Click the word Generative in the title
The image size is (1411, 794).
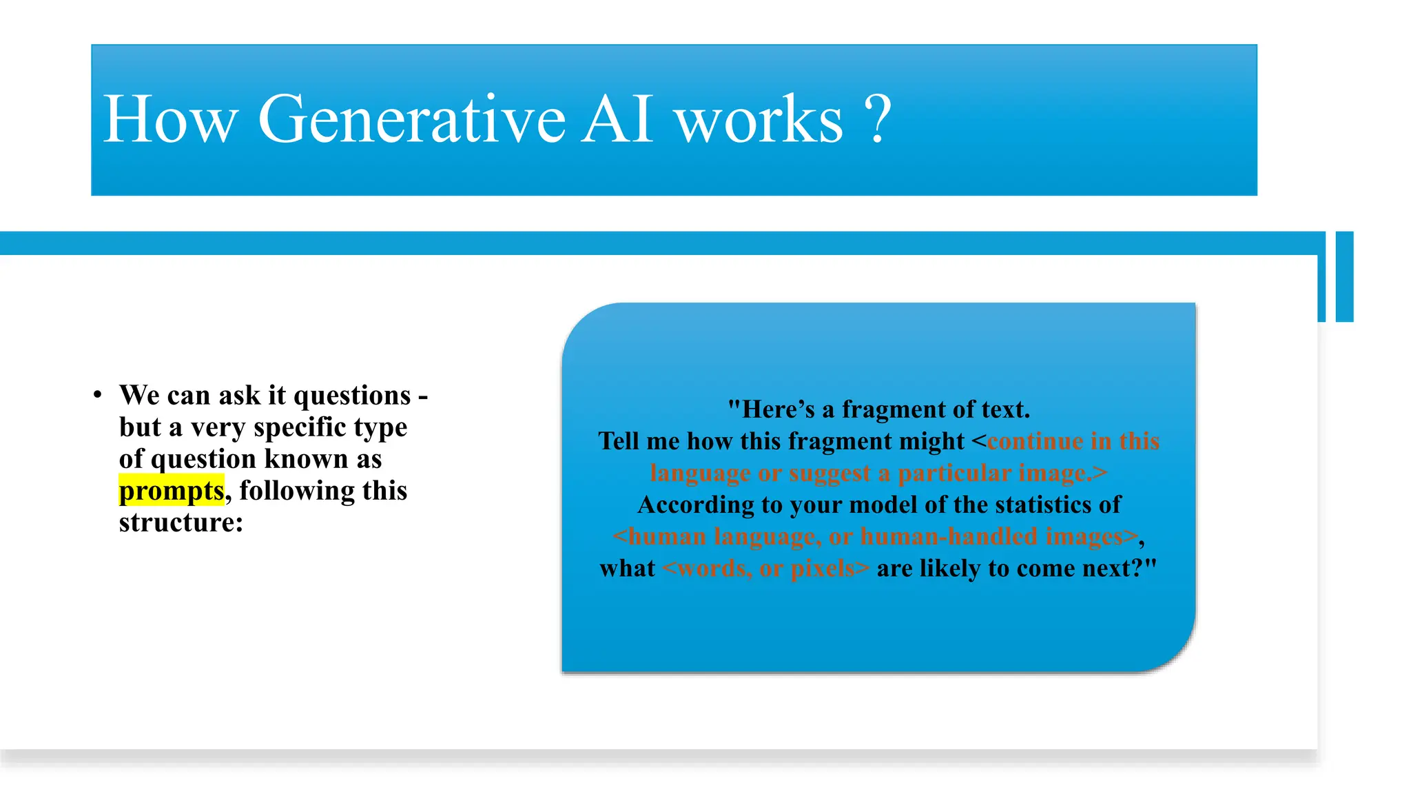pos(411,120)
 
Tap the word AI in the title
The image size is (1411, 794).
pos(617,120)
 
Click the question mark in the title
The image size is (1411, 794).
pos(877,120)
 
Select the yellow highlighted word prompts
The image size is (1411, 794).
pos(172,491)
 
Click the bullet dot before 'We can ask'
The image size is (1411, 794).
pos(98,395)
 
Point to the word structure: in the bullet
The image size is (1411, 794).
pos(181,522)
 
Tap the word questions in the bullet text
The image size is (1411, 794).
pos(352,396)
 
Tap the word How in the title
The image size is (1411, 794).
pos(169,120)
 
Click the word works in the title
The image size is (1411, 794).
pos(759,120)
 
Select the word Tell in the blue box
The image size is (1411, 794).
pos(618,441)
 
